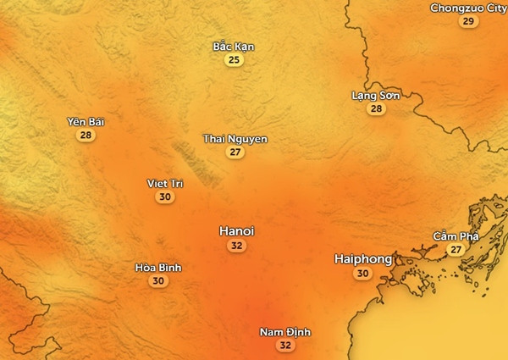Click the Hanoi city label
coord(236,230)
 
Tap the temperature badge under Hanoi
coord(236,246)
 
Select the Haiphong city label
coord(362,258)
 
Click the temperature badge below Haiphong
coord(363,273)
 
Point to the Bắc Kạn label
coord(234,47)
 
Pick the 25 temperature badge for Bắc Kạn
coord(234,60)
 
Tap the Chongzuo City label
coord(468,8)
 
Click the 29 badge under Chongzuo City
coord(468,21)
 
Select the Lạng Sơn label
coord(376,96)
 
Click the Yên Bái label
coord(85,122)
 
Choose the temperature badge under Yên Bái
coord(85,136)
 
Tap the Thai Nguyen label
coord(235,139)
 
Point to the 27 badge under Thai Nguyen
coord(235,152)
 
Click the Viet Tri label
coord(165,184)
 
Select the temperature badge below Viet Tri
coord(165,197)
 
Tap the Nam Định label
coord(284,331)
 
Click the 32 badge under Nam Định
coord(284,345)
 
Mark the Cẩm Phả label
coord(456,235)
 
